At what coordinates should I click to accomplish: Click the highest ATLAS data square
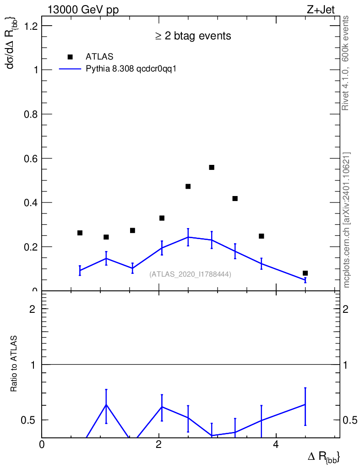pos(212,167)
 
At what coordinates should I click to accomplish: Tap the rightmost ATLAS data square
pos(305,273)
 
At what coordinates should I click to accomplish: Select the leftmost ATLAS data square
pos(80,233)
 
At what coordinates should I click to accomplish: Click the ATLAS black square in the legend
pos(70,57)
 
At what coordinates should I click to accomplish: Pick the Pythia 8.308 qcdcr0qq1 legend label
pos(131,69)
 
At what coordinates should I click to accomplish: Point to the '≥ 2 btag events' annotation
pos(193,36)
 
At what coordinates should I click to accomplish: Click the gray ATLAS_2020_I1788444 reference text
pos(190,274)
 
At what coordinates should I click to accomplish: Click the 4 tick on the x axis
pos(276,445)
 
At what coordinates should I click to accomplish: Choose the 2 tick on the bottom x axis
pos(158,445)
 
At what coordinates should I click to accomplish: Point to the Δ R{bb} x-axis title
pos(324,457)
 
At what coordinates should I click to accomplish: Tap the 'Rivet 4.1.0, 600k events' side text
pos(346,63)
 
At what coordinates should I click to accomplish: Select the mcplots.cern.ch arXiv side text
pos(347,220)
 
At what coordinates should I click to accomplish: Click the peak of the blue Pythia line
pos(188,237)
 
